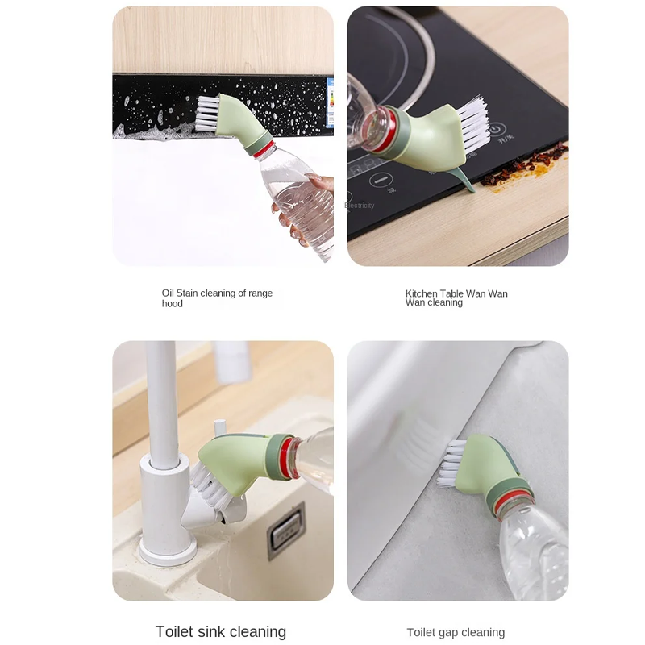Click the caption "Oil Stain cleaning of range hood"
(217, 298)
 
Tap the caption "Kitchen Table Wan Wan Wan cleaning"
(456, 298)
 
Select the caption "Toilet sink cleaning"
(221, 631)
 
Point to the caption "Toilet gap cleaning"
(456, 633)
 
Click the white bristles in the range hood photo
(207, 112)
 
